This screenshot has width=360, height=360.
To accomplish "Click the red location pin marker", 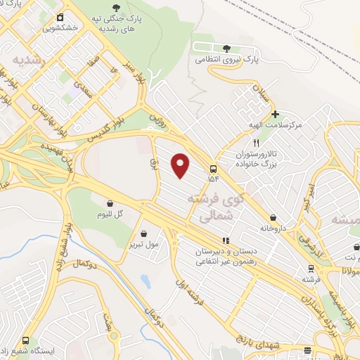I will (x=181, y=166).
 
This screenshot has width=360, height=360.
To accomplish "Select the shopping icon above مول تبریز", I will (x=144, y=234).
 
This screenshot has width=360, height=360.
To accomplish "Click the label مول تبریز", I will (x=143, y=245).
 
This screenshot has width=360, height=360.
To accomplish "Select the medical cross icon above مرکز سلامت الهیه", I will (x=276, y=114).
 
